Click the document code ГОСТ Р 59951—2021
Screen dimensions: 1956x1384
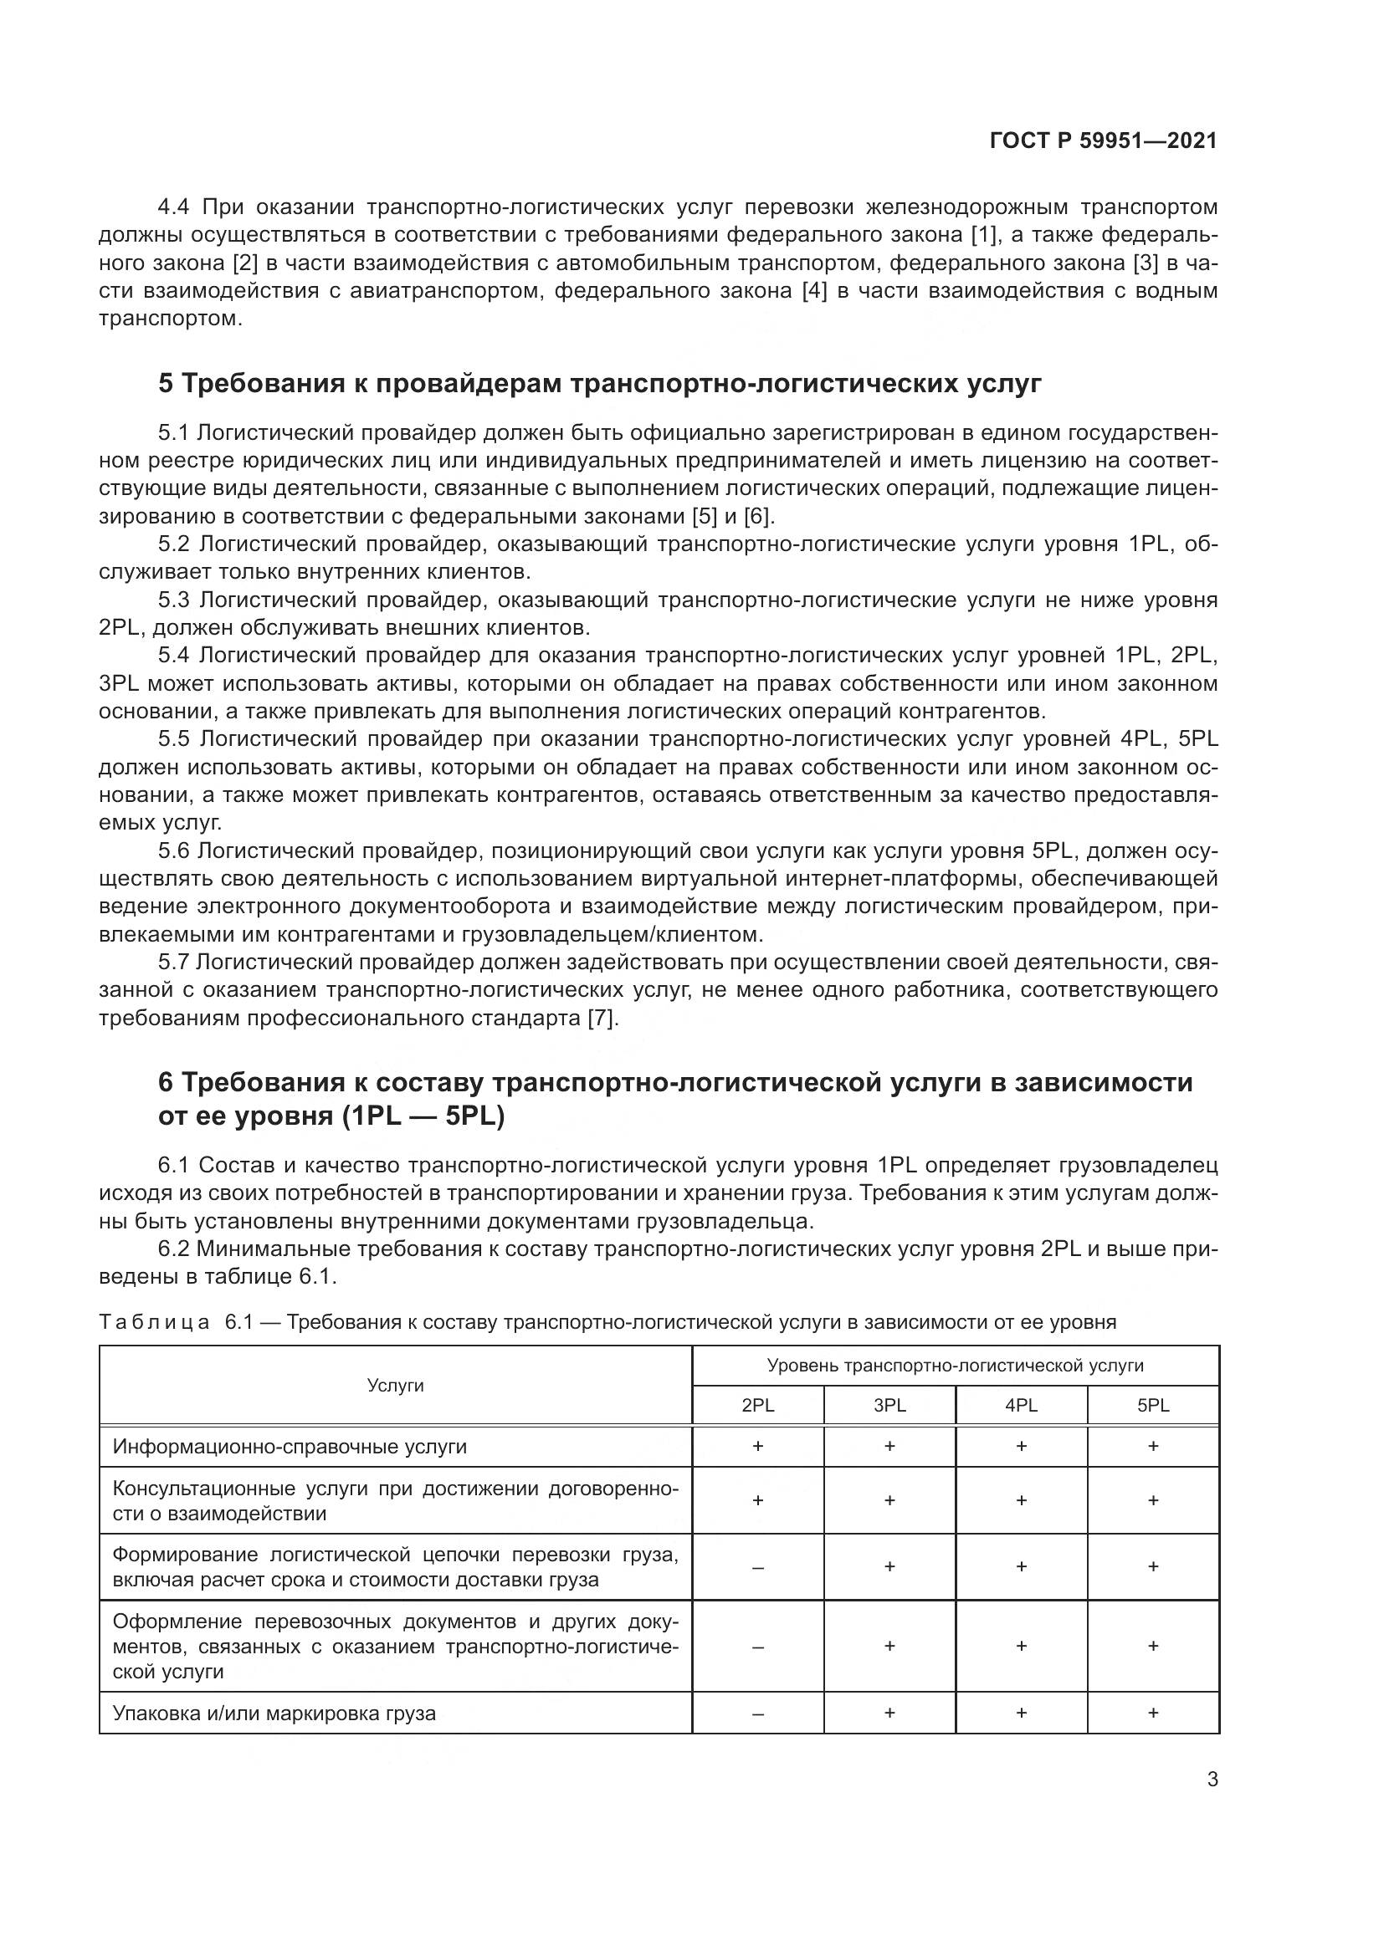pos(1103,141)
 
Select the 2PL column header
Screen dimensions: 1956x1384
pos(757,1406)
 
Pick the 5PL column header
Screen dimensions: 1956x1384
pos(1152,1406)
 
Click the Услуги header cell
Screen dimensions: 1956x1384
pos(396,1385)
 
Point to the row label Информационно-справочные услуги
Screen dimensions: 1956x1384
pos(290,1447)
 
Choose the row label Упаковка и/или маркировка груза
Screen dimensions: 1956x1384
pos(274,1713)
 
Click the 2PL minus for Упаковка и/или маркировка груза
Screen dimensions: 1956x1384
pos(757,1713)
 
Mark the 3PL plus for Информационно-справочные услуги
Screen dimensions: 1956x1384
pos(889,1446)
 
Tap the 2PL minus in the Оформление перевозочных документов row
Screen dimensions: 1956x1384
pos(757,1647)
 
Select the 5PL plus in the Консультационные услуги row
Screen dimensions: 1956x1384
pos(1152,1500)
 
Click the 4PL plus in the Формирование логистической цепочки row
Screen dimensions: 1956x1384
pos(1021,1566)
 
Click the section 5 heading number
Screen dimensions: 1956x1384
pos(167,384)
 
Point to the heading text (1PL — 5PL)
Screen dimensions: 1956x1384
pos(423,1116)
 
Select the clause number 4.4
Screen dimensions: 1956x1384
pos(174,207)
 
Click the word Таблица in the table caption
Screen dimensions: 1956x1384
pos(154,1322)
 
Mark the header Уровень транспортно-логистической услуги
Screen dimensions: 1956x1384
pos(955,1366)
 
